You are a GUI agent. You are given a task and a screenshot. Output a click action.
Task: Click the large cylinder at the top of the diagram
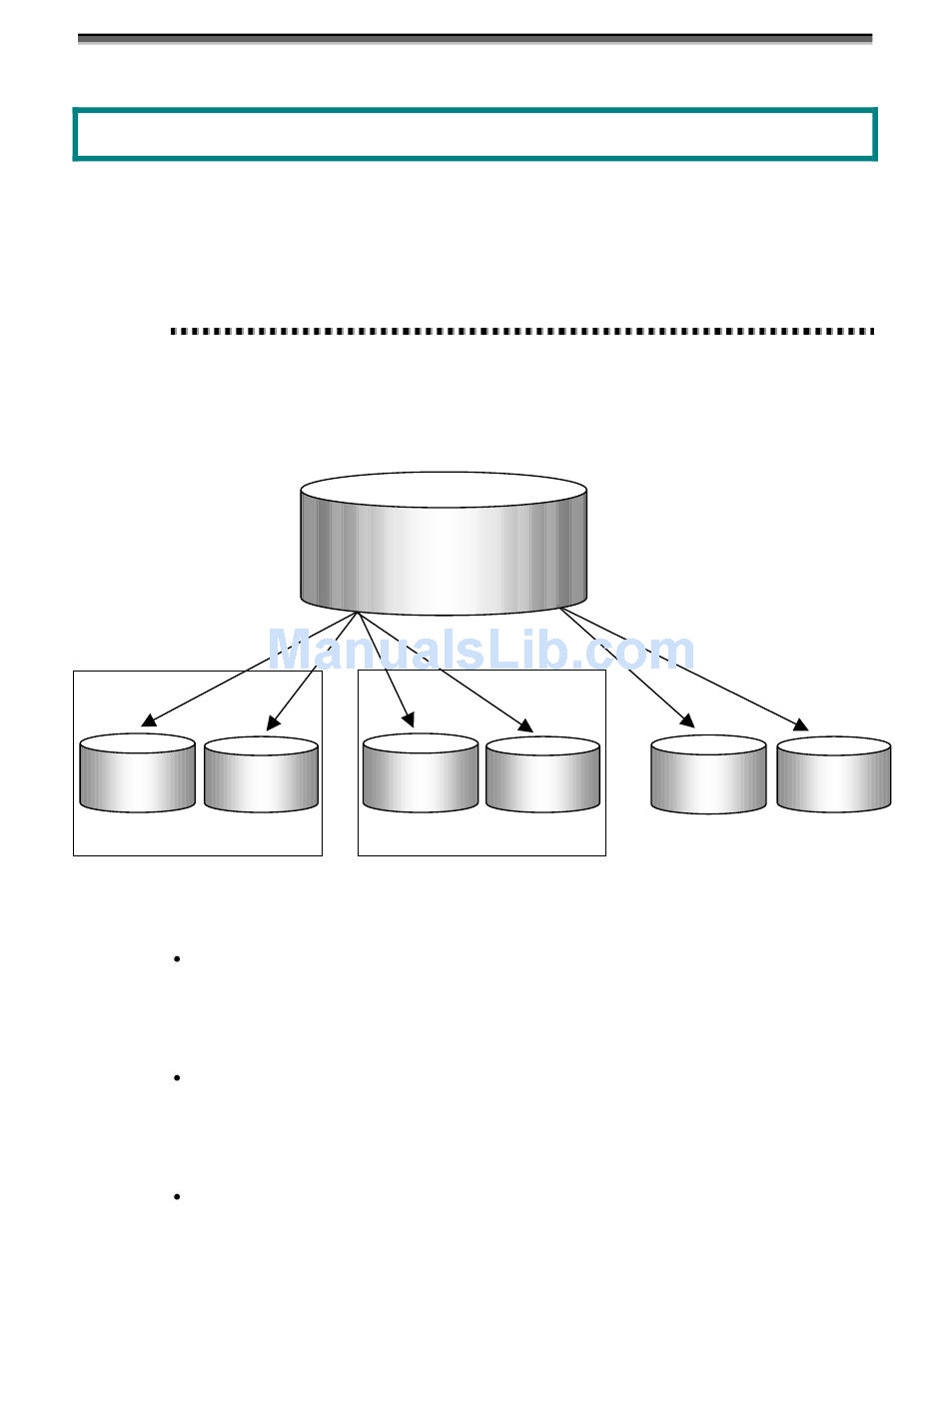[444, 545]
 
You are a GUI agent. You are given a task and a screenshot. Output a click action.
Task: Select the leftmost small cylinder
[137, 774]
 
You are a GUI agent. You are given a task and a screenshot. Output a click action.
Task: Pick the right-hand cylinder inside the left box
[261, 775]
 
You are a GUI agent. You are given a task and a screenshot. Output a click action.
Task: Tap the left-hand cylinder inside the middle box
[421, 774]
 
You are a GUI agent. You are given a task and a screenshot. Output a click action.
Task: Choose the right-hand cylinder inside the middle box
[542, 775]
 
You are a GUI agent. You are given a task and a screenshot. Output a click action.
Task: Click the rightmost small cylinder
[834, 775]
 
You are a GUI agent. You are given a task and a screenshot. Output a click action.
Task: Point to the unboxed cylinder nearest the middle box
[708, 775]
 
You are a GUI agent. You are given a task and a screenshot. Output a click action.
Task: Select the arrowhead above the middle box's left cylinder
[408, 718]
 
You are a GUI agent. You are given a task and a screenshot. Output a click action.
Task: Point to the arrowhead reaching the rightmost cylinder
[801, 724]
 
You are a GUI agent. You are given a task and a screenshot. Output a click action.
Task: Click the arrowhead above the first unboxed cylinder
[687, 719]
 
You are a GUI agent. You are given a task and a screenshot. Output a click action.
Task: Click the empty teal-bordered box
[474, 134]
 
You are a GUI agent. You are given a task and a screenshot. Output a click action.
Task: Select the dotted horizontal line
[522, 331]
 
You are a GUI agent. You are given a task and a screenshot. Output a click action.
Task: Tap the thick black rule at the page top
[474, 39]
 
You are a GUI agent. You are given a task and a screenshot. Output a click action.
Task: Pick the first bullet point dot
[177, 959]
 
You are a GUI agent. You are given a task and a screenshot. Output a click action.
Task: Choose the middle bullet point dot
[177, 1078]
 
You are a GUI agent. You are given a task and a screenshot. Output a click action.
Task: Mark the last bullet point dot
[177, 1196]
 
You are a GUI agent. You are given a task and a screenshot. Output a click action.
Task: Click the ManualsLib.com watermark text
[480, 651]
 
